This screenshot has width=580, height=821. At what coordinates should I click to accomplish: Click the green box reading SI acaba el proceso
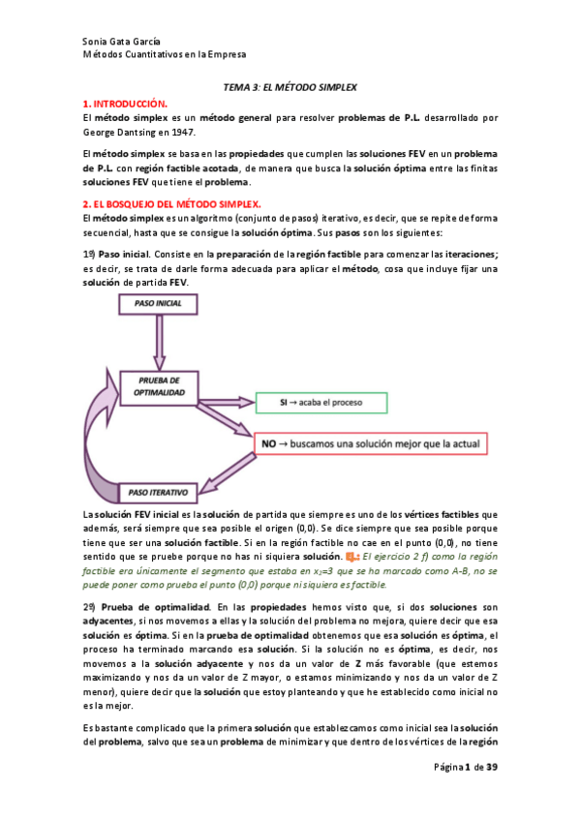coord(321,402)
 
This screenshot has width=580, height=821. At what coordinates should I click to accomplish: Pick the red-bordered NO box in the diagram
coord(370,443)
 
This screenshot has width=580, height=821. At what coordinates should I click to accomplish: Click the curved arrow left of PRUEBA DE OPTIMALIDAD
coord(102,426)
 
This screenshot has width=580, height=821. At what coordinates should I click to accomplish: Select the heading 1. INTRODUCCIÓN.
coord(125,103)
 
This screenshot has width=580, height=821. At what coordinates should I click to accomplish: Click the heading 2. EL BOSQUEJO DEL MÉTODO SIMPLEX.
coord(172,203)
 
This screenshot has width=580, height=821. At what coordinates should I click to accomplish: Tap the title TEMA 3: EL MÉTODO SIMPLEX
coord(290,87)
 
